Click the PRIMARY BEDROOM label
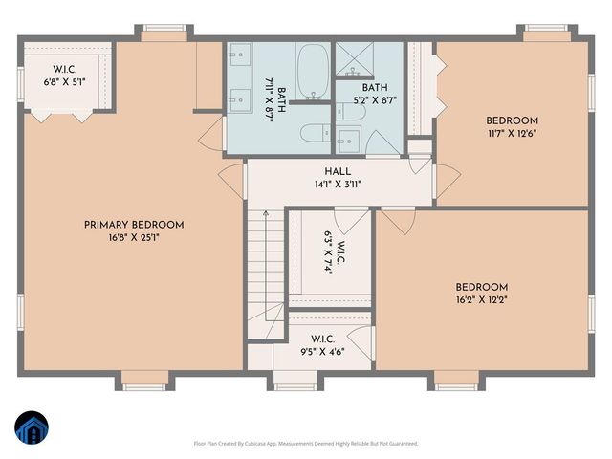coord(133,225)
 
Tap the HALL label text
coord(337,171)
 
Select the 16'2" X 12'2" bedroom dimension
coord(481,299)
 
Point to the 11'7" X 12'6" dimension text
coord(512,133)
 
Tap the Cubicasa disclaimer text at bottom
coord(305,444)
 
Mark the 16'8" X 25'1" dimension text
coord(133,238)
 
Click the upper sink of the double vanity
coord(237,55)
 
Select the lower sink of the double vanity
coord(237,97)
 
